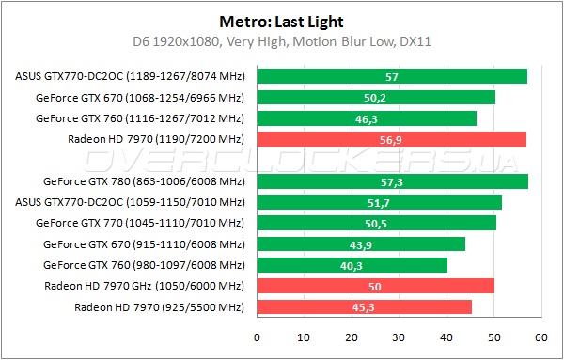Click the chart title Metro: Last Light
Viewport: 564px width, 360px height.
click(x=281, y=20)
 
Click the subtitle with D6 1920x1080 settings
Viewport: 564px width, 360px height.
click(x=281, y=41)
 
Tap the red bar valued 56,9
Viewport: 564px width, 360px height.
click(x=391, y=139)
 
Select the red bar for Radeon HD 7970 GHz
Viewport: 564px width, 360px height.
click(x=375, y=286)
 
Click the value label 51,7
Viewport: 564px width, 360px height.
click(x=380, y=202)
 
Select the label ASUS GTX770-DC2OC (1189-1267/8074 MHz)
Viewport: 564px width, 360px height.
click(x=130, y=76)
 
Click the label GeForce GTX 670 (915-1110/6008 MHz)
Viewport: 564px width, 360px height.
click(x=143, y=244)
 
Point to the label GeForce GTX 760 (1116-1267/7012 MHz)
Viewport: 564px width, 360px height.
click(x=139, y=118)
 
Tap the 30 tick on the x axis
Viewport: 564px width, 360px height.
click(x=399, y=337)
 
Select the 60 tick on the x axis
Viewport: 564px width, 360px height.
click(x=541, y=337)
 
